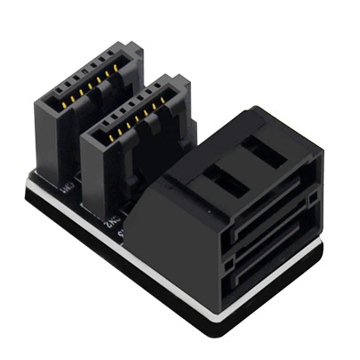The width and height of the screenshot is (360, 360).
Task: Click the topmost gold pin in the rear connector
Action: [115, 67]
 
